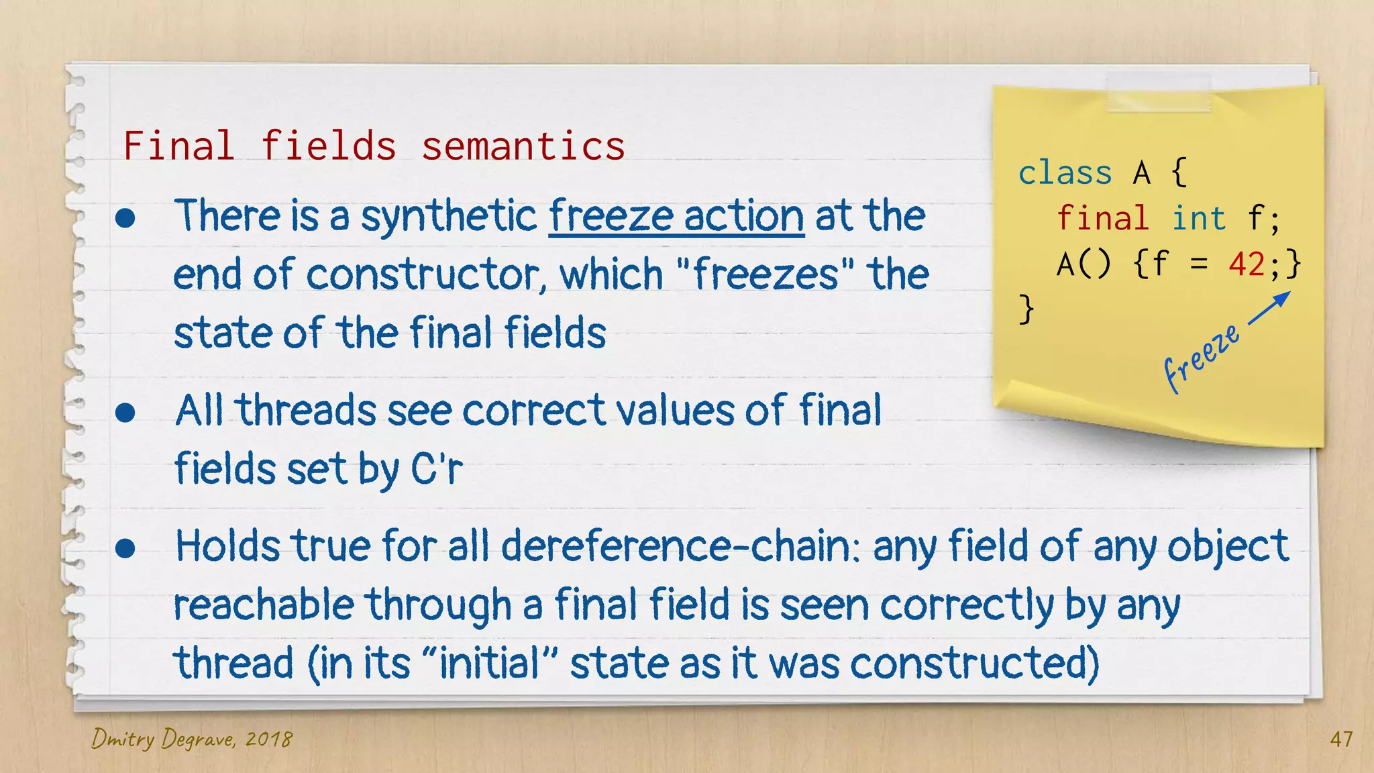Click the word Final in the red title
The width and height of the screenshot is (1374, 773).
178,146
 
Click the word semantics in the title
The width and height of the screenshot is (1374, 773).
523,146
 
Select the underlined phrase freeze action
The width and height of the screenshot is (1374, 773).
676,216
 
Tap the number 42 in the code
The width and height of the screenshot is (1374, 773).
1247,264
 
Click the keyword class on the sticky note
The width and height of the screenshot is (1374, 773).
1065,173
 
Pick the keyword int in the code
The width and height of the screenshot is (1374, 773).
1198,219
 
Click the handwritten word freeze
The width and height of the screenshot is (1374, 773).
1201,357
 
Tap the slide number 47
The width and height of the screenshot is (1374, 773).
1341,739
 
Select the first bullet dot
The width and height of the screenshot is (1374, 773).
125,218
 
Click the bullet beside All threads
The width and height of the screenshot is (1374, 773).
125,412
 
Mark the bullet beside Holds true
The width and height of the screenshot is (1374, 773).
125,548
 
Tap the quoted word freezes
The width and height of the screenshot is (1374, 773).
765,274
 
